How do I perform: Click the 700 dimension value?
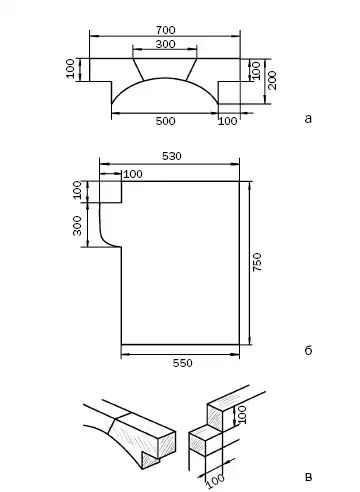point(165,30)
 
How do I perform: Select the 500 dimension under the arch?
point(165,121)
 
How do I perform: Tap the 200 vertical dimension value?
point(272,80)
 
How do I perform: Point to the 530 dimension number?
point(172,156)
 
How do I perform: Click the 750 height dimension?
point(257,262)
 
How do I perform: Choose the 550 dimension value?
point(183,363)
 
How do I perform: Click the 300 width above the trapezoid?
point(165,44)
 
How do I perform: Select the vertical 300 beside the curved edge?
point(77,226)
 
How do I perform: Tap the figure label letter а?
point(308,119)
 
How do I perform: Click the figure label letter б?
point(308,350)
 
